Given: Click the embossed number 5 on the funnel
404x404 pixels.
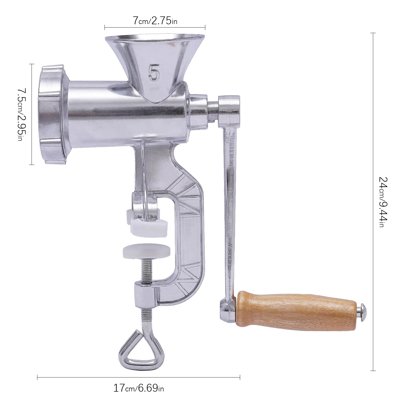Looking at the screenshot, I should pos(154,72).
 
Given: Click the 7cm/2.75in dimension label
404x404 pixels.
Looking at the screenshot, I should pos(155,21).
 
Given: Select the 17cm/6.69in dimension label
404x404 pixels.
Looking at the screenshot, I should pos(138,388).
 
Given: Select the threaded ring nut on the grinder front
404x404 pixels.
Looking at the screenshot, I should pos(52,114).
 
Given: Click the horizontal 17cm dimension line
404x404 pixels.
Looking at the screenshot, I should pos(138,377).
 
